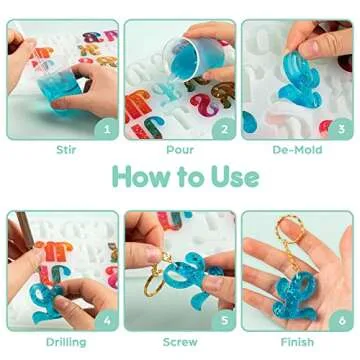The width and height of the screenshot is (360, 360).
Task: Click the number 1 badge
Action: click(x=106, y=127)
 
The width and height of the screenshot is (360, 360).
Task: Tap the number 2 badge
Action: click(x=222, y=127)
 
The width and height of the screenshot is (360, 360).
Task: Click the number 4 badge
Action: click(x=106, y=321)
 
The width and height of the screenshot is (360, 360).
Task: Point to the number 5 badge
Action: click(x=222, y=321)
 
